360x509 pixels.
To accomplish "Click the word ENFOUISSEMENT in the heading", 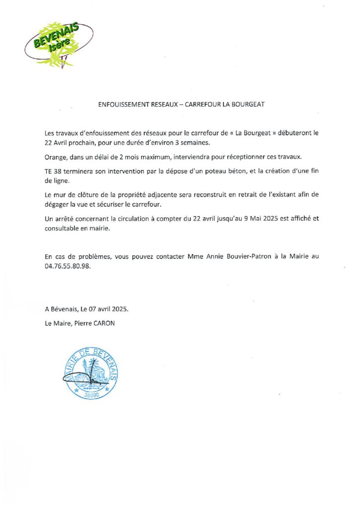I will point(123,105).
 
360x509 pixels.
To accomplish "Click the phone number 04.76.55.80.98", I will point(68,266).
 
